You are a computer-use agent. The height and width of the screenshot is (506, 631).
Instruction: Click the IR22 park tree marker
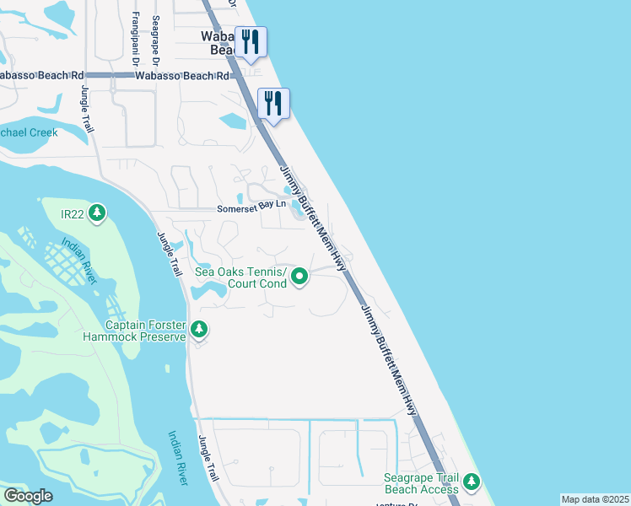pyautogui.click(x=98, y=213)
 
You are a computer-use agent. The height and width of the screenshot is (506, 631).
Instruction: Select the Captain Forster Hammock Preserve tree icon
pyautogui.click(x=199, y=329)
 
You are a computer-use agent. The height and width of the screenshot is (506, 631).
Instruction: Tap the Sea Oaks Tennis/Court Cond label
pyautogui.click(x=240, y=277)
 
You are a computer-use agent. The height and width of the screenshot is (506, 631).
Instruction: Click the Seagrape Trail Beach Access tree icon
pyautogui.click(x=471, y=483)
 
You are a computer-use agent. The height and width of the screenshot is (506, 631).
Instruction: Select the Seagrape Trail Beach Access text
pyautogui.click(x=421, y=483)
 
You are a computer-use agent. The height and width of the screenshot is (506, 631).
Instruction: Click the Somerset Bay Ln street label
pyautogui.click(x=252, y=207)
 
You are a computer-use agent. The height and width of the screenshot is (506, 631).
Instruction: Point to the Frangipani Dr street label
pyautogui.click(x=135, y=39)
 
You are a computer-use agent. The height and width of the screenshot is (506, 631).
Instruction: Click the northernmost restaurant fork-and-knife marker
pyautogui.click(x=251, y=41)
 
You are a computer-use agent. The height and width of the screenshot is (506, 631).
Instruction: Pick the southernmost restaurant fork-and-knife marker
pyautogui.click(x=273, y=103)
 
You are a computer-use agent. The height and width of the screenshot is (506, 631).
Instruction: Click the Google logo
pyautogui.click(x=28, y=496)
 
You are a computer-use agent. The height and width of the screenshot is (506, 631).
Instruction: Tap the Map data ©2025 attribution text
pyautogui.click(x=594, y=499)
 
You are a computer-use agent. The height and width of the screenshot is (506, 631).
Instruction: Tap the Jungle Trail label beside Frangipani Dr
pyautogui.click(x=87, y=108)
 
